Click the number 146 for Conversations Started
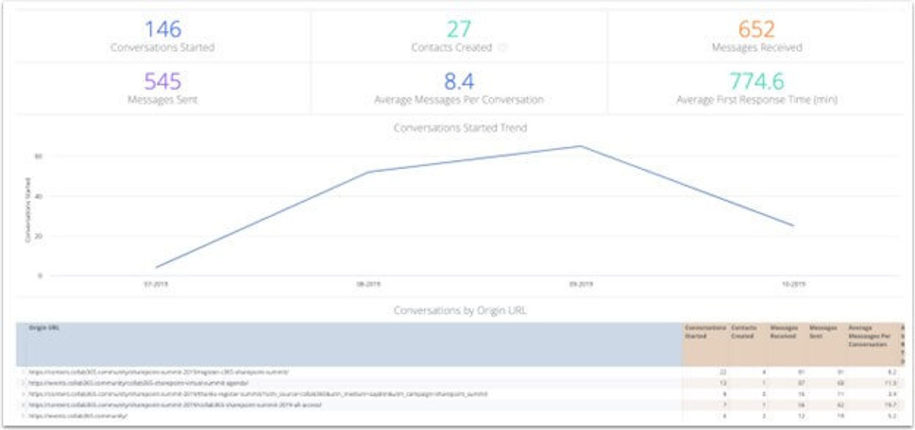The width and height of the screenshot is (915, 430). [x=163, y=30]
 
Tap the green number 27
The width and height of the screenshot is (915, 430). [x=458, y=30]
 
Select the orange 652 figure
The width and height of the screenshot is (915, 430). [x=756, y=30]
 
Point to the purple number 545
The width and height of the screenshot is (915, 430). [x=163, y=82]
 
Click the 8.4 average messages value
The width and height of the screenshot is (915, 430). [x=459, y=82]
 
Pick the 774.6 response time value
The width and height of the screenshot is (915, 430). [x=757, y=82]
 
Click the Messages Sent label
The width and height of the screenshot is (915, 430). [x=163, y=100]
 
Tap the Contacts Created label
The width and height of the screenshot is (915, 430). [x=451, y=48]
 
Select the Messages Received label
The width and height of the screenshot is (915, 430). [x=757, y=48]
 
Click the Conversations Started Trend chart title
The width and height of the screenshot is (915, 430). [x=460, y=128]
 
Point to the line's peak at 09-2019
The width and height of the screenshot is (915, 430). [x=580, y=146]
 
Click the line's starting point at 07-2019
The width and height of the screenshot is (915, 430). [x=156, y=267]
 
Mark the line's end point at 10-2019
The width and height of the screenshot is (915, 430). [x=793, y=225]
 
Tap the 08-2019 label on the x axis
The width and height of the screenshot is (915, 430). [x=368, y=284]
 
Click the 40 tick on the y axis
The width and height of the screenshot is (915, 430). [x=39, y=196]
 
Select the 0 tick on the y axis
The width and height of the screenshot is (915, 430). [x=40, y=276]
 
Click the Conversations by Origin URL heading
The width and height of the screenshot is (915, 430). [x=460, y=310]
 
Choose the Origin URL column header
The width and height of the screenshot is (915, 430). [x=44, y=328]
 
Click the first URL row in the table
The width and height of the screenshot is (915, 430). [x=158, y=372]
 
